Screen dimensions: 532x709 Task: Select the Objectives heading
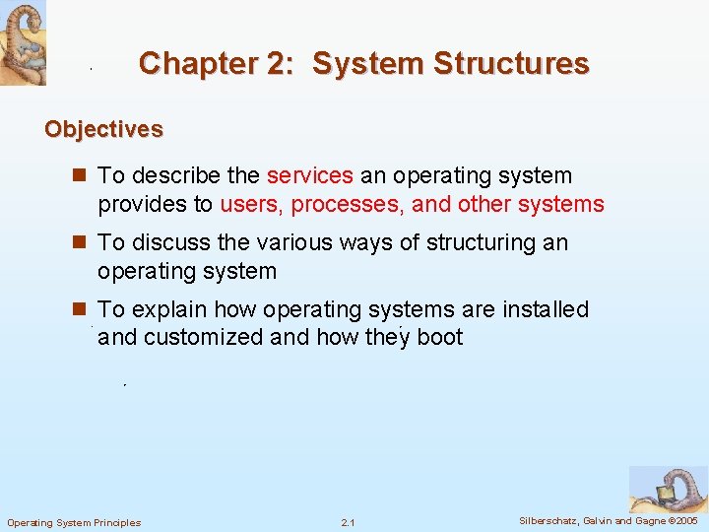(x=103, y=129)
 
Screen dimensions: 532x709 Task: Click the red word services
(x=309, y=176)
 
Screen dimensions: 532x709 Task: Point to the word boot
(x=439, y=337)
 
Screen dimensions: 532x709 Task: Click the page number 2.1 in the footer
(x=348, y=522)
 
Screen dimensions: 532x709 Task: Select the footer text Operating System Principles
(x=74, y=522)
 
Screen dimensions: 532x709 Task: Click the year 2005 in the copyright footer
(x=686, y=520)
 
